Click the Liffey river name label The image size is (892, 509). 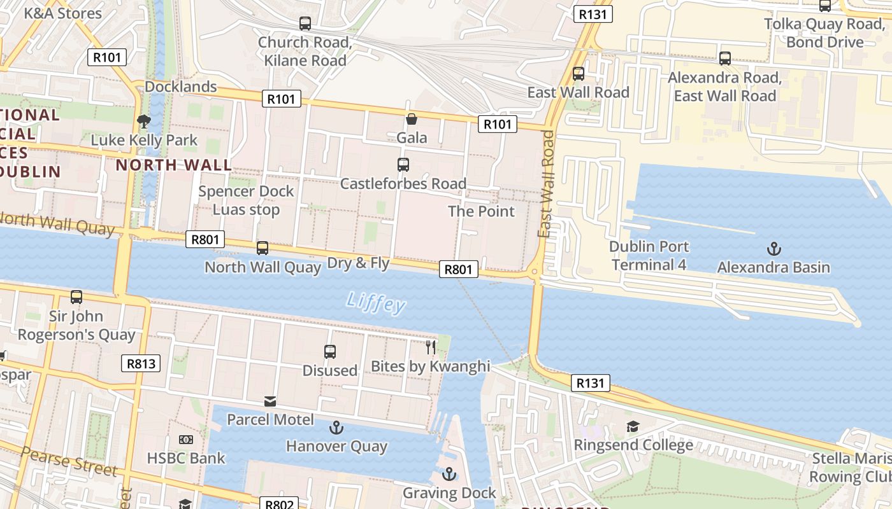(x=376, y=303)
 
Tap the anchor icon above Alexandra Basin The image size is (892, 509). (x=774, y=249)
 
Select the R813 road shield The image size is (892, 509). (x=140, y=364)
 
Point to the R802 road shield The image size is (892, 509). (x=279, y=504)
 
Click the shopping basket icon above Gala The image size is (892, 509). (x=412, y=119)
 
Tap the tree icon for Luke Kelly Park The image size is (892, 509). (x=144, y=121)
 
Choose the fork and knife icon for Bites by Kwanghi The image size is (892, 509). (x=431, y=347)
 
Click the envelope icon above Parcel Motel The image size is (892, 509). (x=270, y=401)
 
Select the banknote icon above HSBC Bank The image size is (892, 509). (x=186, y=439)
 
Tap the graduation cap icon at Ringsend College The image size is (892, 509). (x=633, y=426)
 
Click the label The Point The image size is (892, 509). (x=481, y=211)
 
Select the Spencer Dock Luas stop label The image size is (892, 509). (x=246, y=200)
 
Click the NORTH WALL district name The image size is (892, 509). (x=173, y=165)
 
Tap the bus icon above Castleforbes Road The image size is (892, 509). (x=403, y=165)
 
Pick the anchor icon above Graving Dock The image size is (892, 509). (x=449, y=474)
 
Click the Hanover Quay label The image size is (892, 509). (x=336, y=446)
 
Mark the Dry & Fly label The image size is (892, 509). (x=358, y=263)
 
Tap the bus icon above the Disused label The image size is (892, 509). (x=330, y=351)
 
